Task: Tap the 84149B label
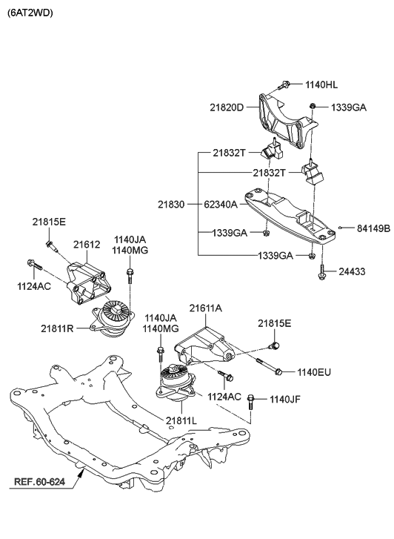click(373, 228)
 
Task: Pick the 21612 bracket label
click(87, 243)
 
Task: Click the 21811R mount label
click(58, 327)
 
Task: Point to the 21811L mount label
click(182, 420)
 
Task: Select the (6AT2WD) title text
click(30, 13)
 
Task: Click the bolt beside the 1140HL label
click(284, 87)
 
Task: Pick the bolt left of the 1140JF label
click(252, 403)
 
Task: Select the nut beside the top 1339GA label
click(314, 107)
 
